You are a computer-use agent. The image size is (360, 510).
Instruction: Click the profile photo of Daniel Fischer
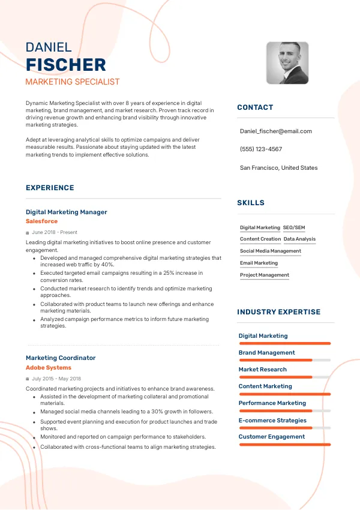tap(287, 62)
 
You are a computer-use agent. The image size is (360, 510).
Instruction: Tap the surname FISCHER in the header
tap(66, 65)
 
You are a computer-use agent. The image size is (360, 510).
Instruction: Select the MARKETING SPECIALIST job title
tap(73, 82)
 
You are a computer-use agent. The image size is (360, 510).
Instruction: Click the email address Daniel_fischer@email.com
tap(275, 131)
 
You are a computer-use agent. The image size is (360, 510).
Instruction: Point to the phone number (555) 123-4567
tap(260, 149)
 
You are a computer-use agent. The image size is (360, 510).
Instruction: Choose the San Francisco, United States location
tap(278, 167)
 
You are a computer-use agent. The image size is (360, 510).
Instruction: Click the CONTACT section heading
tap(255, 107)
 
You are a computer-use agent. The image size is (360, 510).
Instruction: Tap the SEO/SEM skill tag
tap(294, 227)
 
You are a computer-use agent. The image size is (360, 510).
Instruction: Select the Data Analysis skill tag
tap(299, 239)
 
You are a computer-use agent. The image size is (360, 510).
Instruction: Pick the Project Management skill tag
tap(265, 275)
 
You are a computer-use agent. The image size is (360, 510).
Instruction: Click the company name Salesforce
tap(42, 221)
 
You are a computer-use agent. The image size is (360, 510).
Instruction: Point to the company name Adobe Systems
tap(49, 367)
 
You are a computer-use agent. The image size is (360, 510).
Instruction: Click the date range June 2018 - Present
tap(55, 232)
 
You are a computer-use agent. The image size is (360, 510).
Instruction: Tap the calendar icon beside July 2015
tap(28, 379)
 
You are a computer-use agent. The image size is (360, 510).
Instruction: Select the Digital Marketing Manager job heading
tap(67, 212)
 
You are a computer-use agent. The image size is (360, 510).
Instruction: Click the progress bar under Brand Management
tap(284, 360)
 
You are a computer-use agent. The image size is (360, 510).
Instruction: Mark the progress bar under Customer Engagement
tap(284, 444)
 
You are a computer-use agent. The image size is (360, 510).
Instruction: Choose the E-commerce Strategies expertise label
tap(272, 420)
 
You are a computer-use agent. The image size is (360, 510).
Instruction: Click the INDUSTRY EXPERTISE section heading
tap(278, 312)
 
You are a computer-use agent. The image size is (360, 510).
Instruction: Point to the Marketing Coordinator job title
tap(61, 358)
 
